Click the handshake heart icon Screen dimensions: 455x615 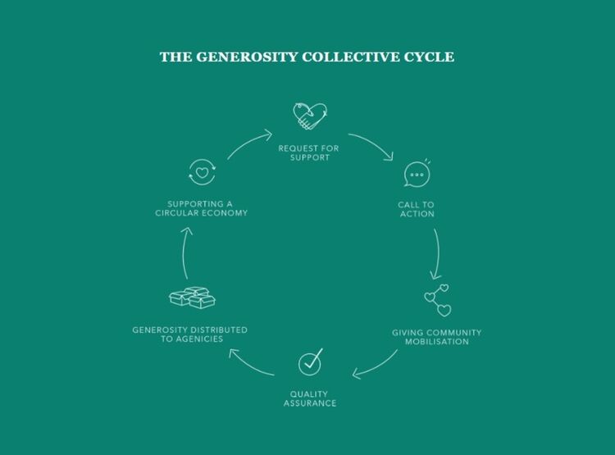pos(310,117)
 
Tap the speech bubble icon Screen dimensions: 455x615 pos(417,175)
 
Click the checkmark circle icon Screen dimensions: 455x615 pos(310,361)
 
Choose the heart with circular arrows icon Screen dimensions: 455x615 pos(201,174)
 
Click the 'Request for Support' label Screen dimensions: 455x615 pos(309,152)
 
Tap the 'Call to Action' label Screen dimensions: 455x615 pos(417,210)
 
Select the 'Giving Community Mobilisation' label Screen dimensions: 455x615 pos(436,337)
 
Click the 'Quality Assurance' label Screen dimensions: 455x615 pos(310,399)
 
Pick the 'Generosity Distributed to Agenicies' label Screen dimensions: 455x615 pos(190,334)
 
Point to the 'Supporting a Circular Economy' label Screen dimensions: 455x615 pos(202,207)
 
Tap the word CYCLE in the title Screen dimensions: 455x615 pos(428,57)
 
